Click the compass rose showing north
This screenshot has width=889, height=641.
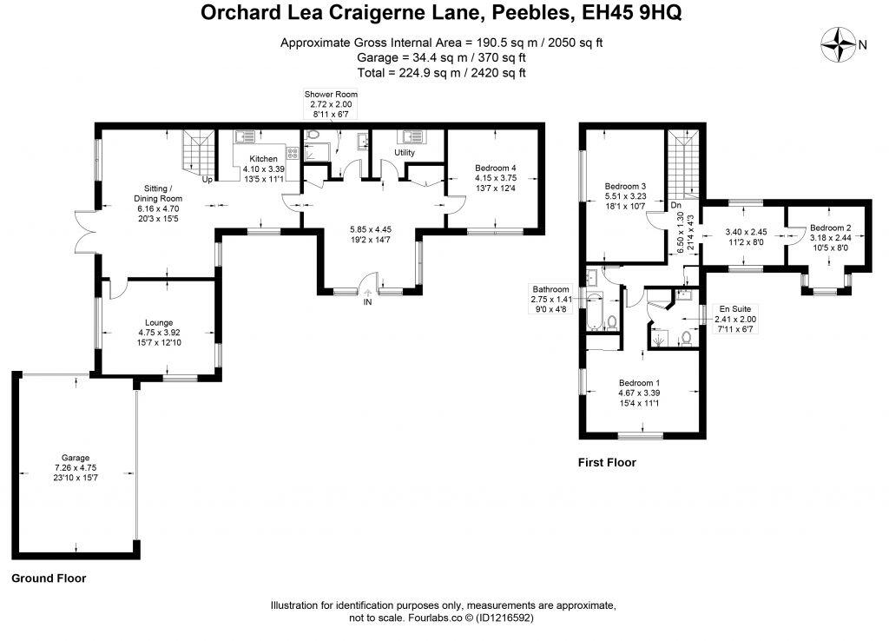[x=840, y=43]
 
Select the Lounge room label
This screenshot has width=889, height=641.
[x=157, y=320]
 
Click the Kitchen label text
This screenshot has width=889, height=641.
[x=263, y=159]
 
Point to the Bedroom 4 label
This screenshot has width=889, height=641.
[x=496, y=168]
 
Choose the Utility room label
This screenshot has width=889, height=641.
[x=405, y=153]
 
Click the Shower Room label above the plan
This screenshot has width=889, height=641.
[x=330, y=94]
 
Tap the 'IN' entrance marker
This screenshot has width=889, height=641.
[x=368, y=302]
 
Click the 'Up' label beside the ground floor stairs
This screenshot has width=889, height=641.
[x=207, y=180]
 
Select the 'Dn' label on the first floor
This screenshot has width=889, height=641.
[x=675, y=206]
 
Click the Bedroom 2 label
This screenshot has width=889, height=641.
[x=830, y=228]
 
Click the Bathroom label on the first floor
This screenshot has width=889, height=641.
[x=550, y=289]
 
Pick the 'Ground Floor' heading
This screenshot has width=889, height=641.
[x=49, y=578]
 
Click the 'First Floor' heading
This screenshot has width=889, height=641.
[x=607, y=463]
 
